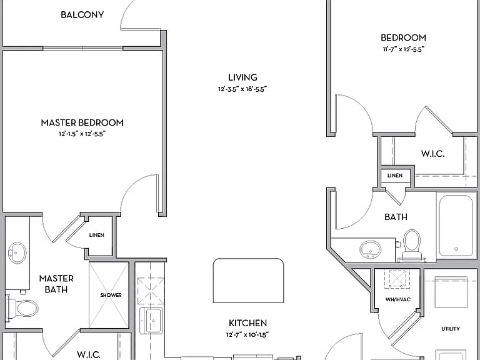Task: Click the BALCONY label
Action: click(x=82, y=15)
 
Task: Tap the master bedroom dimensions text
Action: click(x=82, y=134)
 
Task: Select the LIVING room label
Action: click(x=242, y=77)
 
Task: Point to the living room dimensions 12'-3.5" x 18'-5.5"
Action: click(x=242, y=89)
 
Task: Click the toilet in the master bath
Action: click(x=22, y=307)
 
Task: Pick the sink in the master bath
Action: click(x=17, y=253)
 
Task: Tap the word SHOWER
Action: click(x=111, y=295)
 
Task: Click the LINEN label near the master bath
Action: click(x=96, y=235)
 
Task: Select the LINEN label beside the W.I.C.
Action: click(x=395, y=176)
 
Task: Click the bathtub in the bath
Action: click(x=456, y=225)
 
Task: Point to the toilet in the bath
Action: click(x=412, y=246)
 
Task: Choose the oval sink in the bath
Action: click(x=371, y=249)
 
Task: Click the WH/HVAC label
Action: click(x=398, y=299)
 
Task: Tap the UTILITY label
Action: click(x=450, y=329)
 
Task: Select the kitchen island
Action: click(x=248, y=281)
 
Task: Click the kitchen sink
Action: click(x=151, y=321)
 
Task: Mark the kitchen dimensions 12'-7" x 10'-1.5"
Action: click(x=247, y=334)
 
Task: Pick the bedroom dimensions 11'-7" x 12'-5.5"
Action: click(x=404, y=49)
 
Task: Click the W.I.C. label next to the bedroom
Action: click(x=432, y=153)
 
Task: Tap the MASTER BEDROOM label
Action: click(x=82, y=122)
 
